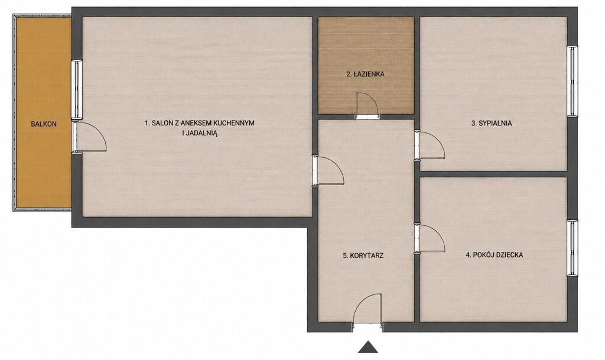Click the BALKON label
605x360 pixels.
[44, 124]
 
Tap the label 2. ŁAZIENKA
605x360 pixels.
[365, 74]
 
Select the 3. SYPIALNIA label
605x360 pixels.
[492, 124]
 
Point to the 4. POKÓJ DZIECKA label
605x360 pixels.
[495, 255]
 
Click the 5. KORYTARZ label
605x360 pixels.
[363, 255]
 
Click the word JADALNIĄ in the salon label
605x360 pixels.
[202, 134]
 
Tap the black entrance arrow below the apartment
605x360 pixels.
[367, 347]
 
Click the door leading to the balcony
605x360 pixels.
[89, 137]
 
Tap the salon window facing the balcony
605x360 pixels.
[77, 89]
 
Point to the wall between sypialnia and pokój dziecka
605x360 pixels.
[493, 174]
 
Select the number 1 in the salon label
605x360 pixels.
[147, 123]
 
